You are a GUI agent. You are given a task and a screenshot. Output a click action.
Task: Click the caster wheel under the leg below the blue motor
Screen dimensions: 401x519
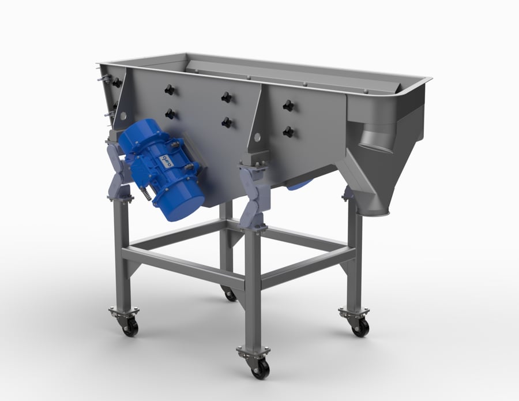coord(130,328)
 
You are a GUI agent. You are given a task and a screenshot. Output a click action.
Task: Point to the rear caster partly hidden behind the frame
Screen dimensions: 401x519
coord(230,295)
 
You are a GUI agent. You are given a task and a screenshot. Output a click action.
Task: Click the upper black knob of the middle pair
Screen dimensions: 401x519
coord(226,97)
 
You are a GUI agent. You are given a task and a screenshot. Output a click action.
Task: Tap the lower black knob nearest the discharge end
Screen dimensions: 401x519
coord(288,132)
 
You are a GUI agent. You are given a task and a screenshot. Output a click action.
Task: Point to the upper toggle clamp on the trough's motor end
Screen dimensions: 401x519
coord(101,78)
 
